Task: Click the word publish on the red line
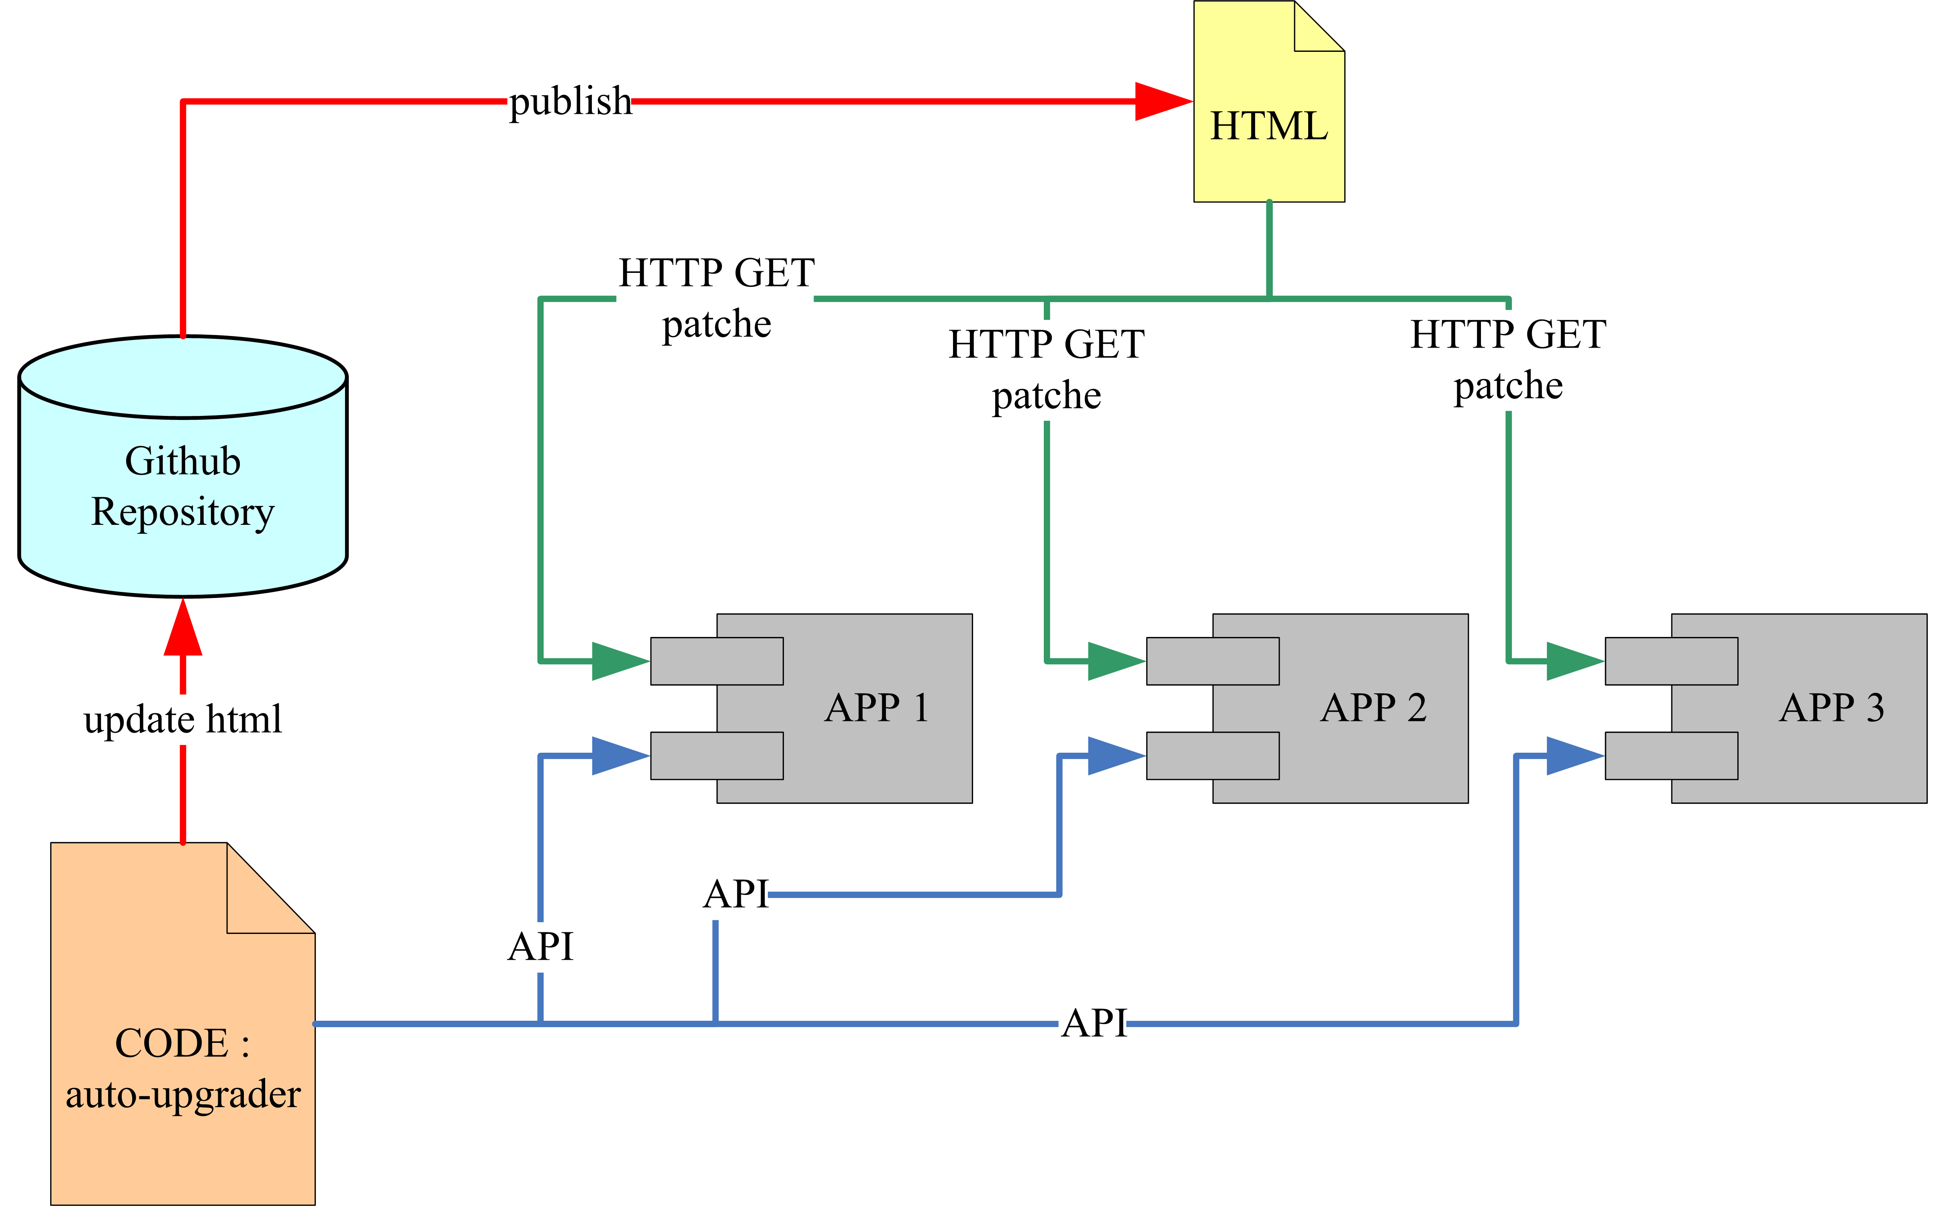click(570, 101)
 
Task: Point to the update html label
click(183, 719)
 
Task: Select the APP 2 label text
click(1373, 708)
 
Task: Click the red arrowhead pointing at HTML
click(1163, 101)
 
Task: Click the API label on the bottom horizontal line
click(1094, 1023)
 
